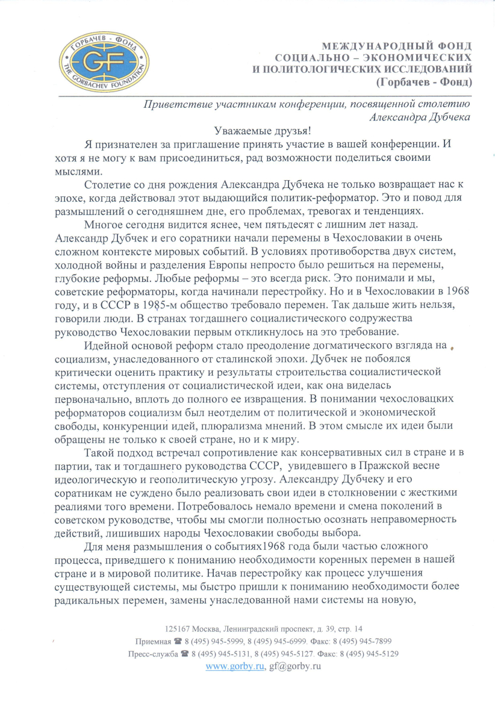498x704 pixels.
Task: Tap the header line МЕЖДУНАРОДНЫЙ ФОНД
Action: tap(397, 46)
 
